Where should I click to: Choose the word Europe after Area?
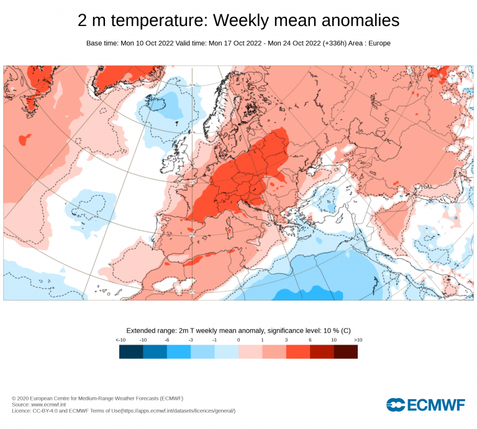pos(378,43)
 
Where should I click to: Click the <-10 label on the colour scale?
pos(120,340)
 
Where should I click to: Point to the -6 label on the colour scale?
pos(166,340)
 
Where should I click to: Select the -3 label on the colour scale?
pos(191,340)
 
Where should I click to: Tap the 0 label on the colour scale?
pos(238,340)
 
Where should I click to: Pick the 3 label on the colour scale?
pos(286,340)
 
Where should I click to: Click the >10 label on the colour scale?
pos(358,340)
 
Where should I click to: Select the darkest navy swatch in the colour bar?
pos(131,352)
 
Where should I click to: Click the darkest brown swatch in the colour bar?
pos(346,352)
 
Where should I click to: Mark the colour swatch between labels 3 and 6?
pos(298,352)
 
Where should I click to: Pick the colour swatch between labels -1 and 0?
pos(226,352)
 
